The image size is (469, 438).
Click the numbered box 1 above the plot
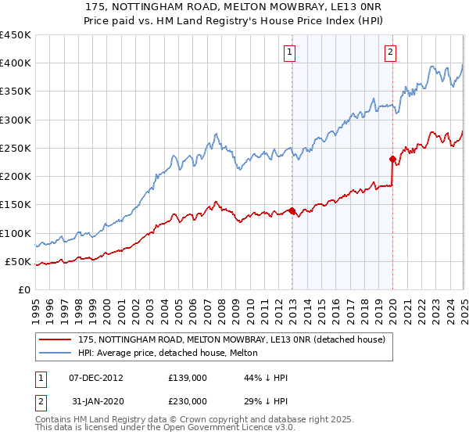click(x=289, y=52)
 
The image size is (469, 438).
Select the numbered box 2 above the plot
click(x=390, y=52)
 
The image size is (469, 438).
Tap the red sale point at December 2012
click(x=292, y=210)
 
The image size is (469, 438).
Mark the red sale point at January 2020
click(x=392, y=159)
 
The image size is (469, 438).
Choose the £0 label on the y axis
click(x=23, y=290)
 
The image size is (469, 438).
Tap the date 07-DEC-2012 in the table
click(x=95, y=378)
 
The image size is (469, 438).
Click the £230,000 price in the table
click(x=188, y=400)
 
